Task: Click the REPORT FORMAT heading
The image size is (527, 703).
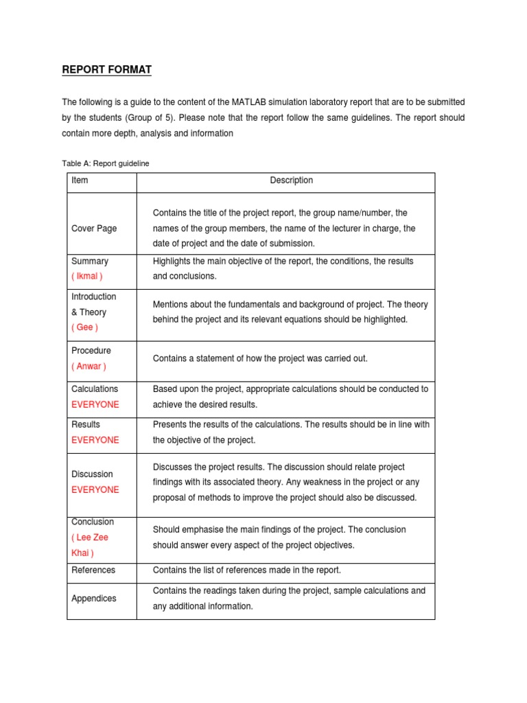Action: click(x=106, y=69)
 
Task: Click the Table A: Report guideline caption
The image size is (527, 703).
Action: click(x=106, y=163)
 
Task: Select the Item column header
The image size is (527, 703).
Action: click(x=80, y=181)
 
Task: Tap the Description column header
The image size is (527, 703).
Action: click(x=291, y=181)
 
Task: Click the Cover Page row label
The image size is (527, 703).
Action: click(x=94, y=229)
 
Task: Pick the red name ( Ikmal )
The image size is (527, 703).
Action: click(x=86, y=276)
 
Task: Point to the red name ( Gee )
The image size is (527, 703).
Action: click(x=84, y=327)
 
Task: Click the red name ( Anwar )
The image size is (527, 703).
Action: click(x=89, y=366)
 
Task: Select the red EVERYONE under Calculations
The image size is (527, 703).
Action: click(x=95, y=404)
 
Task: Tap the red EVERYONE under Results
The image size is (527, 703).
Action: click(x=95, y=440)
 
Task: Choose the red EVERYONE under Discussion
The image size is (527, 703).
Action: click(x=95, y=489)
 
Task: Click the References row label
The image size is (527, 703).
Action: click(x=93, y=570)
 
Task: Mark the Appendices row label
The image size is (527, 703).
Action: click(x=94, y=599)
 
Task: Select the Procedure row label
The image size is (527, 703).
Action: click(x=91, y=351)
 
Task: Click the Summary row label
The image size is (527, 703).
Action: click(x=90, y=261)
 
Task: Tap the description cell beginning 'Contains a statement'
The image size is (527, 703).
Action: click(x=260, y=358)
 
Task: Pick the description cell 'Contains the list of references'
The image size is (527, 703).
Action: click(x=246, y=570)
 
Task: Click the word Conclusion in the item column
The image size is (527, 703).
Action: click(x=93, y=522)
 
